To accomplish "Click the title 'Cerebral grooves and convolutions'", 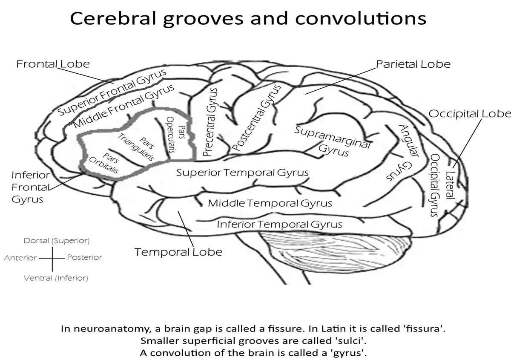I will pos(248,18).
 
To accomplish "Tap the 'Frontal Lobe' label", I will pos(53,64).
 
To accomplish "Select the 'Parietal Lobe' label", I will pos(413,64).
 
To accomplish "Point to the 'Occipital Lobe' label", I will pos(469,114).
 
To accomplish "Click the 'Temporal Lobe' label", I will pos(178,252).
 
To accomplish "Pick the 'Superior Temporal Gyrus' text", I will pos(242,173).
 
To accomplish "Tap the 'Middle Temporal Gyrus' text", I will pos(270,203).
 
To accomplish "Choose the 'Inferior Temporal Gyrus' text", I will pos(279,224).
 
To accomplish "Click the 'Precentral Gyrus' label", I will pos(211,122).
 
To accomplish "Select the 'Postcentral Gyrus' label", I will pos(258,118).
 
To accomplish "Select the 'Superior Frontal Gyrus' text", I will pos(112,93).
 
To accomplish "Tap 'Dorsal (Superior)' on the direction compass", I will pos(57,241).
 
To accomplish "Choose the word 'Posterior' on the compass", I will pos(84,257).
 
